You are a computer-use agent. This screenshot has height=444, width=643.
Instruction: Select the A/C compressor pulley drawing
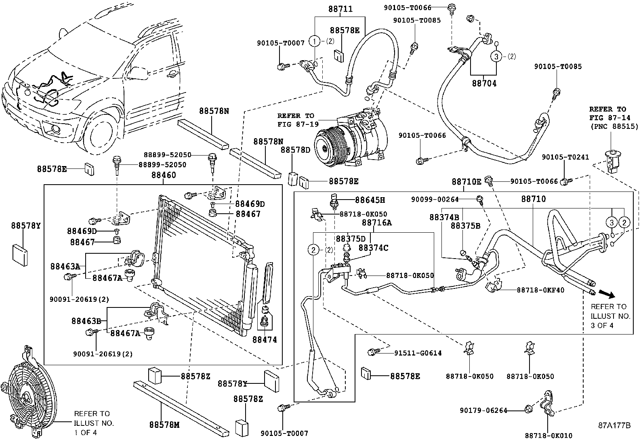[328, 147]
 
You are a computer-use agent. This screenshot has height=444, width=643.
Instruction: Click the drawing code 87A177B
[614, 425]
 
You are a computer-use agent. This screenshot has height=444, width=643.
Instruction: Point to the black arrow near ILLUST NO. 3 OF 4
[606, 293]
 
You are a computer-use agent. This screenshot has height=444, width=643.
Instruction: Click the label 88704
[484, 84]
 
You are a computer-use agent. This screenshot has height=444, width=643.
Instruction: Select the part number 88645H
[370, 200]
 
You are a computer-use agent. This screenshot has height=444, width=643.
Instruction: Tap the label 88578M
[164, 425]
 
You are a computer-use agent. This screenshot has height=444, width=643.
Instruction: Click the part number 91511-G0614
[418, 353]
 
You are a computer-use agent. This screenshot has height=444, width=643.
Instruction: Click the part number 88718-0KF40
[540, 290]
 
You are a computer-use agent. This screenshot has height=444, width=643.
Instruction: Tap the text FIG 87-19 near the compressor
[295, 124]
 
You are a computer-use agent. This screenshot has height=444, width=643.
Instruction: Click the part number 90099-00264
[435, 199]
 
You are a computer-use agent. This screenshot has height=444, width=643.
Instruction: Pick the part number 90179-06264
[483, 410]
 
